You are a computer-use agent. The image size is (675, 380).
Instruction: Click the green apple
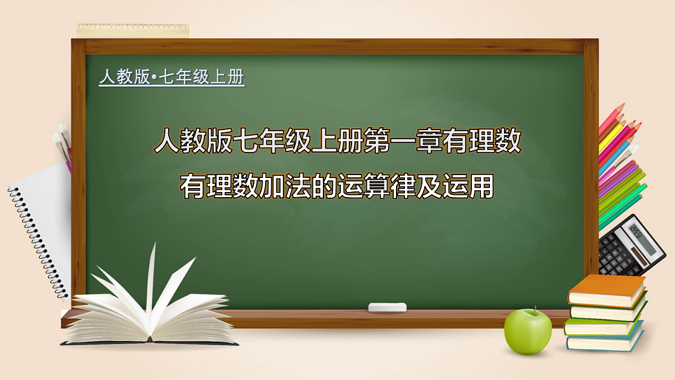528,332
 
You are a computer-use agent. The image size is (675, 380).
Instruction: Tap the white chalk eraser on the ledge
387,307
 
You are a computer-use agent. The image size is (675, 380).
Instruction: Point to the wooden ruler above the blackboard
133,30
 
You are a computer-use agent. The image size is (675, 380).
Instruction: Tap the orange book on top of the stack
606,289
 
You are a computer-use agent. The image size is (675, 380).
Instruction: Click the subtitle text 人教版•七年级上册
172,77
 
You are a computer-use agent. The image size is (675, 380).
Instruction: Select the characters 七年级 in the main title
271,142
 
